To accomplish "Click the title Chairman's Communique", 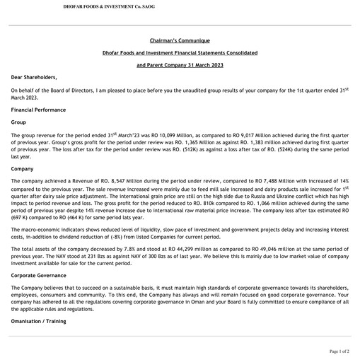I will click(x=180, y=41).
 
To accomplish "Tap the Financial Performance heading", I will click(x=39, y=110).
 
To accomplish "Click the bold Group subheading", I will click(x=19, y=122).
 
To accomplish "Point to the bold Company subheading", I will click(x=23, y=170).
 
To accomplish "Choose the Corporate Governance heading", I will click(x=40, y=274).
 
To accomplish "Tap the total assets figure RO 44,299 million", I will click(x=188, y=250).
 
